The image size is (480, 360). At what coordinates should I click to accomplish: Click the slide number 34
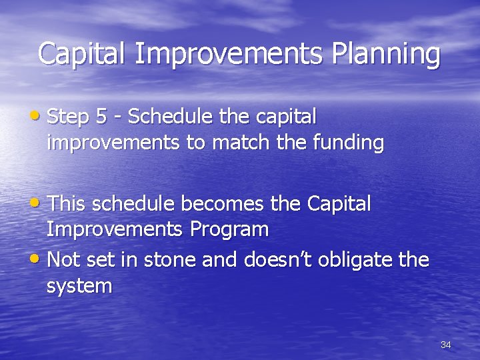tap(445, 345)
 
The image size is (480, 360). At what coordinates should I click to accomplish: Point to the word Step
tap(69, 117)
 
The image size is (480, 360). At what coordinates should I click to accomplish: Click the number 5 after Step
tap(101, 117)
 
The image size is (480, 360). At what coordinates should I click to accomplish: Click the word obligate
tap(354, 259)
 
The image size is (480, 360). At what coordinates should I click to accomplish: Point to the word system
tap(79, 287)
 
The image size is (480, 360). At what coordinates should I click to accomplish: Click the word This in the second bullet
tap(69, 203)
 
